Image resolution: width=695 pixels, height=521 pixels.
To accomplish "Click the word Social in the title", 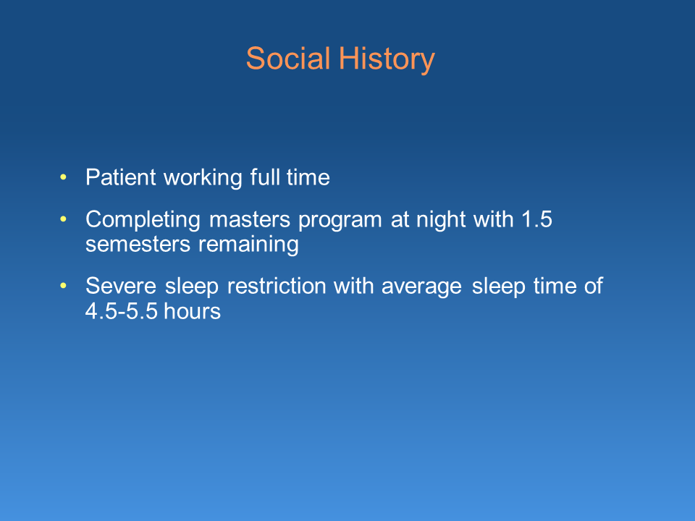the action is click(x=288, y=58).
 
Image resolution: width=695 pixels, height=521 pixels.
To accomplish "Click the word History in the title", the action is click(x=387, y=60).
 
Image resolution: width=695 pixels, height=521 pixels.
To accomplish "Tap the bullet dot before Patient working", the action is click(x=63, y=178).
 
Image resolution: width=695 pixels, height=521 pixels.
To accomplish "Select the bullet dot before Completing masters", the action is click(x=63, y=219).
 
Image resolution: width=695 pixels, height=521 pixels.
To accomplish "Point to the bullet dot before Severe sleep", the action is click(x=63, y=286).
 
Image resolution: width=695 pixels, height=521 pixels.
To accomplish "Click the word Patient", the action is click(x=121, y=177).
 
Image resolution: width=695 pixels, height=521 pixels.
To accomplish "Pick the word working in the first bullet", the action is click(x=203, y=179).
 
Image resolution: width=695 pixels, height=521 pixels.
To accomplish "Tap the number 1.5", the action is click(x=536, y=219).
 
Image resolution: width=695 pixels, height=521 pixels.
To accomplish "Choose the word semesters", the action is click(x=138, y=245).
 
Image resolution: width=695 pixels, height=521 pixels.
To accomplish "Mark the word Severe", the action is click(x=121, y=286).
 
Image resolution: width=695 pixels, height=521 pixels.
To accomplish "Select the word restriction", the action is click(x=277, y=286).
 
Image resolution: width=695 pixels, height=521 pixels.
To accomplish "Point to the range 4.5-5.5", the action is click(x=122, y=311).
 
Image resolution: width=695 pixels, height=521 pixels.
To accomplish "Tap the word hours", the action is click(x=193, y=311).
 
